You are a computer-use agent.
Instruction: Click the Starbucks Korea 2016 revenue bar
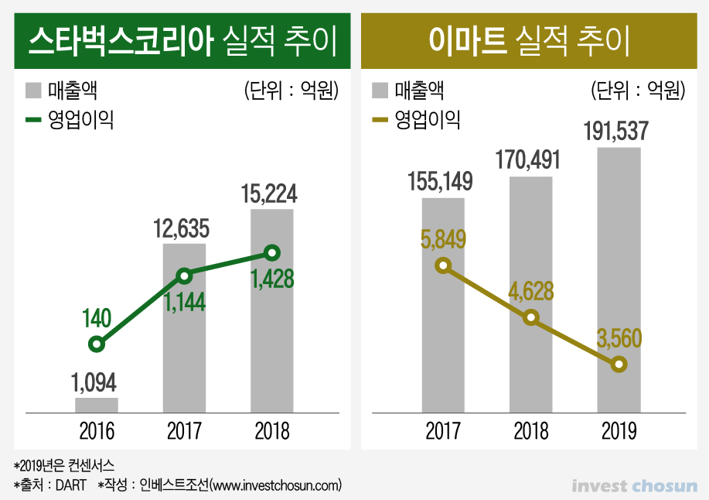97,405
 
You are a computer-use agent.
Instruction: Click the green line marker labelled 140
97,344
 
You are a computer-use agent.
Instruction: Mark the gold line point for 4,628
530,317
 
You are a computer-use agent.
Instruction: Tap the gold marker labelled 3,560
619,364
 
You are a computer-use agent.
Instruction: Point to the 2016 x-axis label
97,430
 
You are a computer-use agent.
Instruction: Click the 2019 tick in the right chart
618,430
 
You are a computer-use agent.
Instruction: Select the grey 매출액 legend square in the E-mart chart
379,91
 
